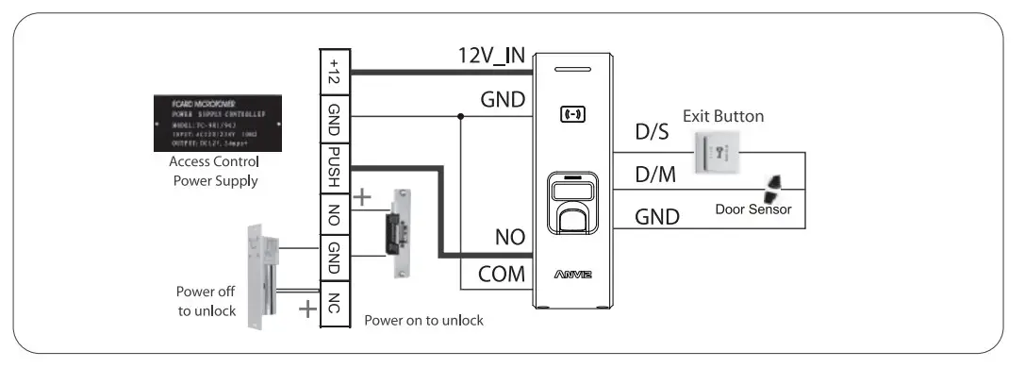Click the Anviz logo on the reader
573,276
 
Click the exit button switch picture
719,151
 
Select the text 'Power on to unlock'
423,320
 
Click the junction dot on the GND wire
460,117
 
